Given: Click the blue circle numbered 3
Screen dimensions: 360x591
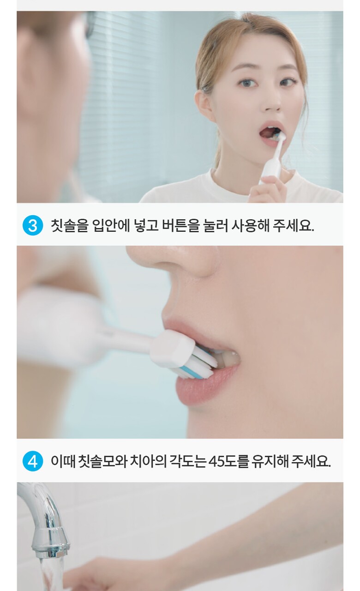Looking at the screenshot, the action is click(33, 225).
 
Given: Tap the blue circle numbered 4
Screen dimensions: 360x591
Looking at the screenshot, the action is click(33, 461).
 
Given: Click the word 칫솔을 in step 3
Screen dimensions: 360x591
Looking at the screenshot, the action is click(70, 225).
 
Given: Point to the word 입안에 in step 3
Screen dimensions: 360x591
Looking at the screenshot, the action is click(111, 225).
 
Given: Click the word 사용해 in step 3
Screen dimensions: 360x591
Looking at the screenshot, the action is click(250, 225).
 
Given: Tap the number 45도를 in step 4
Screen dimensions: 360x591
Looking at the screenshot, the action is click(228, 461).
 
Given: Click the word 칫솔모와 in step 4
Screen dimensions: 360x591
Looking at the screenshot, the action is click(103, 461).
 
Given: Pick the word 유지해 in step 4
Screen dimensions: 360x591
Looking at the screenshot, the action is click(270, 461).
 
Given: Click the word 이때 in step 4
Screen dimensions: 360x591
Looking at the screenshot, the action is click(63, 461).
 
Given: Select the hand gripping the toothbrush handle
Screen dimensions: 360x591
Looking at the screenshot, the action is click(268, 189).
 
